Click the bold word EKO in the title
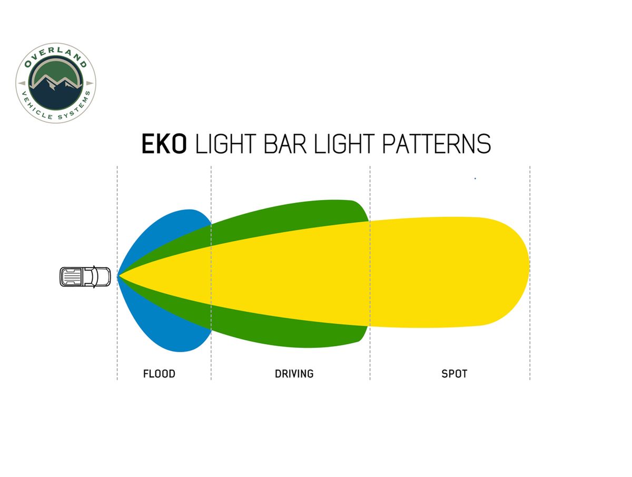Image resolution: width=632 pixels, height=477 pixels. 164,144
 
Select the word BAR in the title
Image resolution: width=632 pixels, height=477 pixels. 285,144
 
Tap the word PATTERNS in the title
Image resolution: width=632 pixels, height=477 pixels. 436,144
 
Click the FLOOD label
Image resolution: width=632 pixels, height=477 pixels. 159,374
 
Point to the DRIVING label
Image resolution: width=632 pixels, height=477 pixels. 294,374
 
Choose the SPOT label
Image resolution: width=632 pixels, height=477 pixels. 454,374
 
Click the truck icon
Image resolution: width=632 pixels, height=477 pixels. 85,277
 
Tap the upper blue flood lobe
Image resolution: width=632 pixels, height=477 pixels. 170,230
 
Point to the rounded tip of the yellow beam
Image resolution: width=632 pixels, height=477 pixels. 529,271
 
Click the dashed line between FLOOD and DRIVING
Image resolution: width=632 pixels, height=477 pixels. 211,273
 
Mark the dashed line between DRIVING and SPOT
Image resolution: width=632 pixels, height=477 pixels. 370,273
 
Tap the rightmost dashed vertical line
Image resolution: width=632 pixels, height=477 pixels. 530,273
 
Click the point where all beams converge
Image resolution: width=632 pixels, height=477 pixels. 118,276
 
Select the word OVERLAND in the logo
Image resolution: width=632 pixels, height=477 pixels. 55,55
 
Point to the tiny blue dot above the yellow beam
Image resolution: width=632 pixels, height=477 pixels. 475,178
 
